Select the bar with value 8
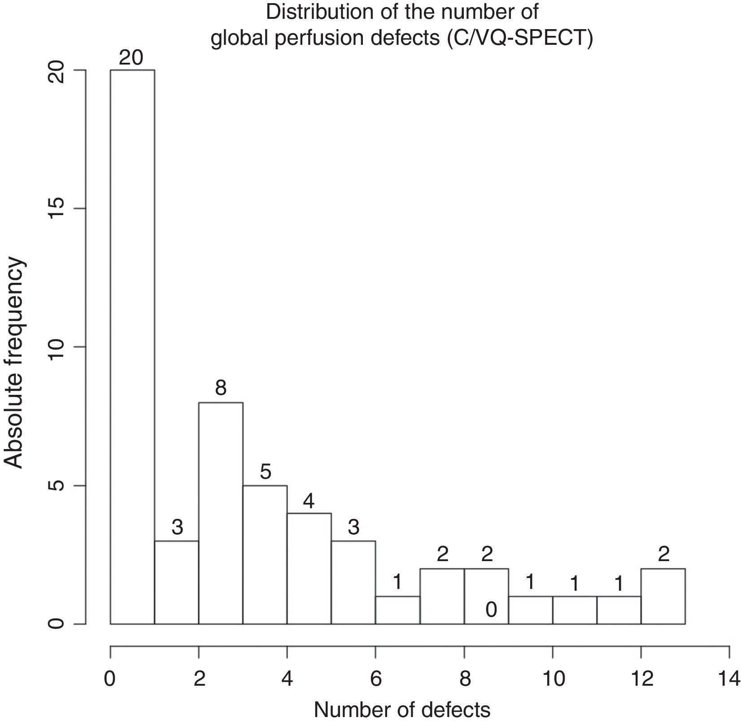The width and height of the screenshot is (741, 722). pos(221,513)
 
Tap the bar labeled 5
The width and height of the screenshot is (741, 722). pos(265,554)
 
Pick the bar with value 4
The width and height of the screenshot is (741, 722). pos(309,568)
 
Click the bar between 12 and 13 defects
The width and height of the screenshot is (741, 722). pos(663,596)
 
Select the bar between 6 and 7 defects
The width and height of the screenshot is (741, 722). pos(397,610)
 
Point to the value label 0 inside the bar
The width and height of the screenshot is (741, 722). pos(491,610)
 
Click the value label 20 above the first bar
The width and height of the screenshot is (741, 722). pos(131,58)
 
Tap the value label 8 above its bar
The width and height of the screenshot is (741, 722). pos(221,388)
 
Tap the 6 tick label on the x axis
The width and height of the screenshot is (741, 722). pos(376,679)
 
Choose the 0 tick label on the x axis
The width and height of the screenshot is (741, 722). pos(110,679)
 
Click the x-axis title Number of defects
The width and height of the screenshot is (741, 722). pos(402,709)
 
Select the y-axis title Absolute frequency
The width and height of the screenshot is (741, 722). pos(14,363)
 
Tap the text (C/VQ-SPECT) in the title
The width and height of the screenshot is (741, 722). pos(519,39)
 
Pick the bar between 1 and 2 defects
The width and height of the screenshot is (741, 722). pos(177,582)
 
